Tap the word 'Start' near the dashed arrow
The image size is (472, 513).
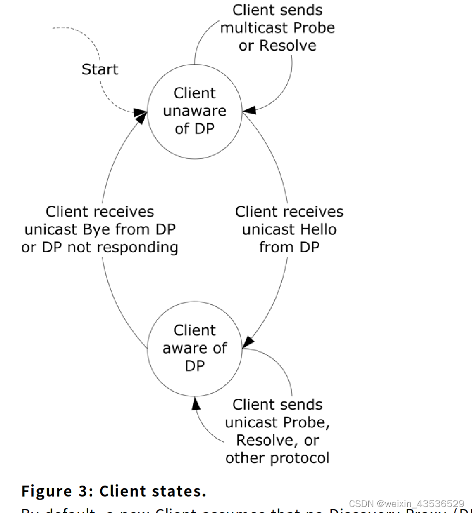tap(100, 69)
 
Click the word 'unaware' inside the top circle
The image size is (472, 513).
tap(194, 111)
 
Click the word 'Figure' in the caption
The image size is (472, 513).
tap(46, 491)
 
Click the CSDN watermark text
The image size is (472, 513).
tap(407, 504)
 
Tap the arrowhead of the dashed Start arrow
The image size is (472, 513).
tap(142, 114)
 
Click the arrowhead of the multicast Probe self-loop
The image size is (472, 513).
tap(249, 109)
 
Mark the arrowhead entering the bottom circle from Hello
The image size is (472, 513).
tap(248, 342)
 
